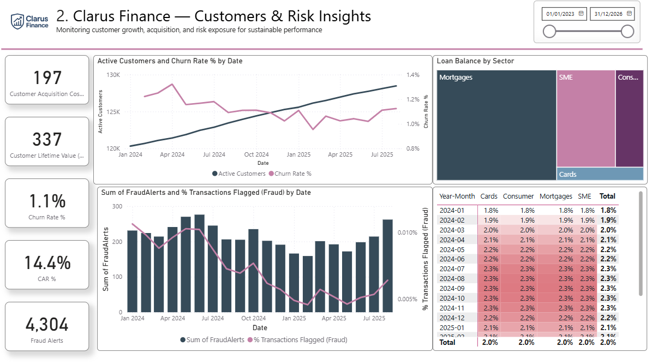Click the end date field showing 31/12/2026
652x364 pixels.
click(611, 13)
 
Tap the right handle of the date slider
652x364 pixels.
click(627, 32)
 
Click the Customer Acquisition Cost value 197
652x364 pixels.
click(47, 78)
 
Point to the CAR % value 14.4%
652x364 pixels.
click(47, 263)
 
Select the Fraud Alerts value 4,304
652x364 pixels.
click(47, 325)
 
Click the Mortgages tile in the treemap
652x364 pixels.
click(495, 126)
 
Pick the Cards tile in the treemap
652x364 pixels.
click(600, 174)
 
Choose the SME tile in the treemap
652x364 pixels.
click(585, 118)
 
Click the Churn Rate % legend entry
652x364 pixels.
click(290, 174)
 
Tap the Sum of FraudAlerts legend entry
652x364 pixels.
click(212, 339)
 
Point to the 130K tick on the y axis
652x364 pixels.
click(113, 75)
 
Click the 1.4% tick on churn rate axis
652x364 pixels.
click(412, 75)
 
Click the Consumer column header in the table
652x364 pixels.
click(518, 196)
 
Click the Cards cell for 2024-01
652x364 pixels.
click(491, 210)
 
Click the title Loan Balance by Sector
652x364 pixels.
click(475, 61)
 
